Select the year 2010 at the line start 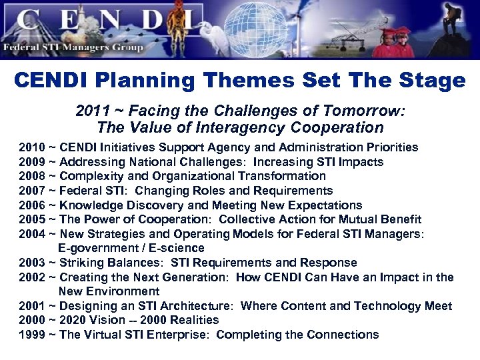pyautogui.click(x=32, y=147)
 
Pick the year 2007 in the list pyautogui.click(x=32, y=191)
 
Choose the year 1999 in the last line pyautogui.click(x=32, y=335)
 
